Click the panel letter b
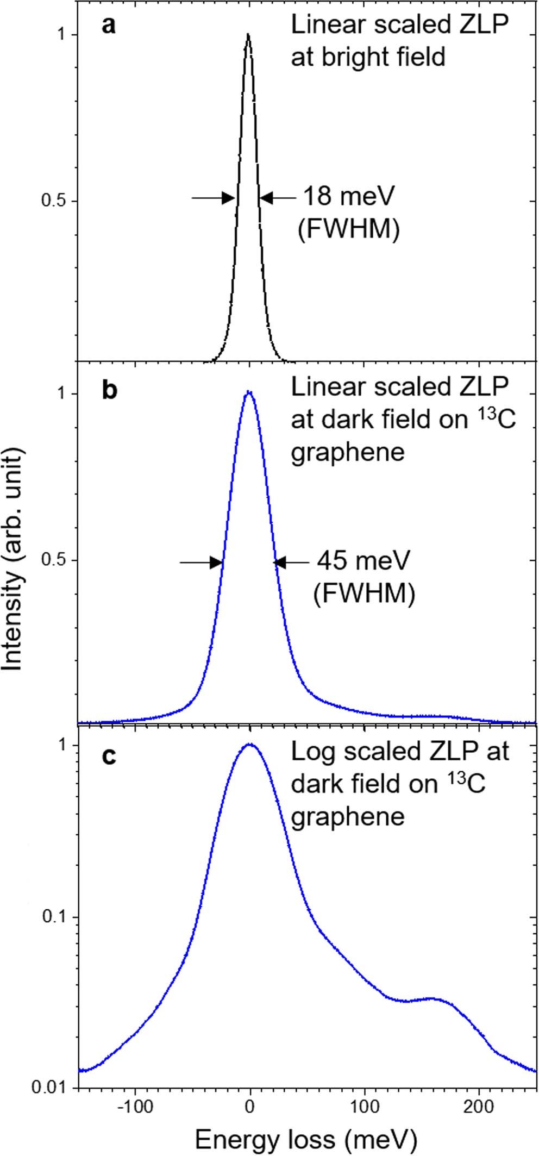[110, 390]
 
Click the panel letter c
[109, 756]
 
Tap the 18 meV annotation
[348, 197]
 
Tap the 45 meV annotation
[363, 561]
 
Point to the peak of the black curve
[248, 35]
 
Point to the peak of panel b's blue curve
[249, 391]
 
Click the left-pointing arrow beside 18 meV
[277, 198]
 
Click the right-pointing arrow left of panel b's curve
[201, 563]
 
